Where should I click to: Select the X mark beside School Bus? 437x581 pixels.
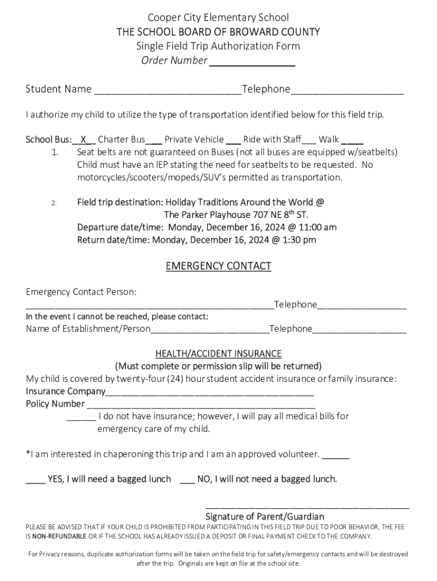click(x=83, y=140)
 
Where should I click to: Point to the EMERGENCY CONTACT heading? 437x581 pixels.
click(x=218, y=266)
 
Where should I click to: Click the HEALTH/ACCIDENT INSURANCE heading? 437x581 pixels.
click(x=218, y=353)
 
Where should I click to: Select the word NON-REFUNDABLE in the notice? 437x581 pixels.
click(x=59, y=536)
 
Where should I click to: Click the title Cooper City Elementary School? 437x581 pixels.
click(x=218, y=18)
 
